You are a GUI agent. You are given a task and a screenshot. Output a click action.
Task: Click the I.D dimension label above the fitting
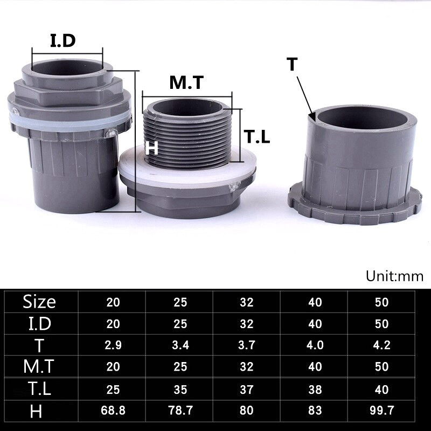62,40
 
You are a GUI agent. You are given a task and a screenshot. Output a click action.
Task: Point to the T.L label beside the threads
257,137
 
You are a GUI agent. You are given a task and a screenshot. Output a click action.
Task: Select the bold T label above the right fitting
292,64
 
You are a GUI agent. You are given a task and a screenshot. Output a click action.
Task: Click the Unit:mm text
394,276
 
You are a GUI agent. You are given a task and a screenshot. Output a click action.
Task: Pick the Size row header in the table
39,302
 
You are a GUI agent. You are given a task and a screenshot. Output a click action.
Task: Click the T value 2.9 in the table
113,345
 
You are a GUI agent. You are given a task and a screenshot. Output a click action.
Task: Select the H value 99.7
382,411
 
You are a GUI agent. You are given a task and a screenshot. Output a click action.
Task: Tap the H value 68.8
113,411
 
